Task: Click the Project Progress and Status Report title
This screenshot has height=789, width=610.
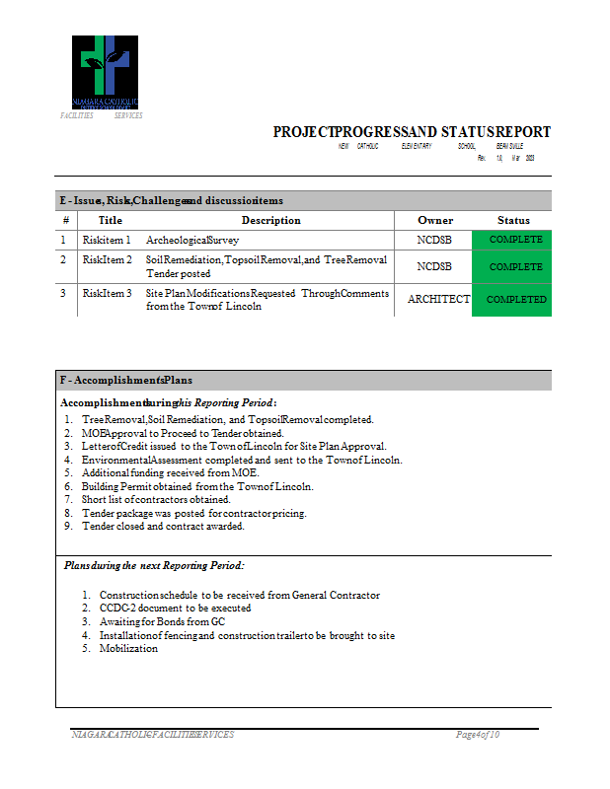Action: click(x=412, y=132)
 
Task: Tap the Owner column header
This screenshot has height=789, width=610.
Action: click(x=435, y=220)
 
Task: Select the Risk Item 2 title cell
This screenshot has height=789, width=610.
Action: click(x=107, y=260)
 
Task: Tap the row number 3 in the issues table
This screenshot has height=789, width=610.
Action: click(x=63, y=293)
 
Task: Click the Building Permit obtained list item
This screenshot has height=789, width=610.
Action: click(x=197, y=486)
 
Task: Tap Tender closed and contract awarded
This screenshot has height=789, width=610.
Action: click(x=163, y=527)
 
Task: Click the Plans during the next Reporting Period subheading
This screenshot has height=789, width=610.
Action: click(x=153, y=566)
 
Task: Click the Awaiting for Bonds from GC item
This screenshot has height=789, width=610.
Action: click(x=162, y=622)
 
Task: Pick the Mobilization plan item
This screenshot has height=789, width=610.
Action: click(x=128, y=649)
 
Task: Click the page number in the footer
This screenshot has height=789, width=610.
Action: click(x=478, y=735)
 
